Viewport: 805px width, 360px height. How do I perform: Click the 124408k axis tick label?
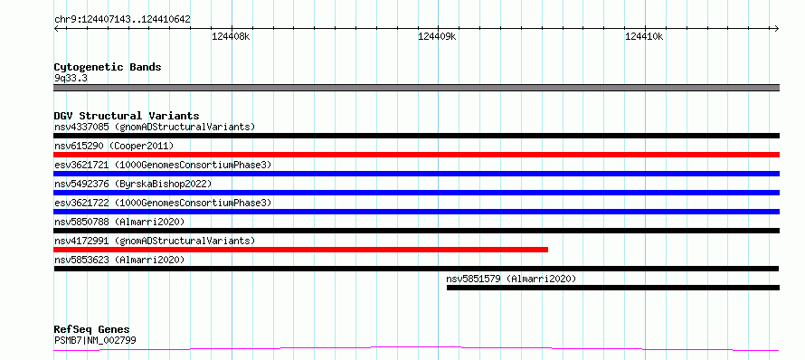tap(231, 36)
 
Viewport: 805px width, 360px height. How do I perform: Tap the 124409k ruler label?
tap(438, 36)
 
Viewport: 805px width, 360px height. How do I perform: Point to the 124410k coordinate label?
tap(644, 36)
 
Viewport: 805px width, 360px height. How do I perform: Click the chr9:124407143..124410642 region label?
tap(122, 20)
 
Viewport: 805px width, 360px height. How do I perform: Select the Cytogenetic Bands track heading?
tap(108, 67)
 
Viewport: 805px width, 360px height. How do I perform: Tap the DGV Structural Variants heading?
tap(127, 116)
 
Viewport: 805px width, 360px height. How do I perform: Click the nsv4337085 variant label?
tap(155, 127)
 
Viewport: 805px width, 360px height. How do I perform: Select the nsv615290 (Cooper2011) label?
tap(114, 146)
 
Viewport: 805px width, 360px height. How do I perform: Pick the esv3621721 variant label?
tap(163, 165)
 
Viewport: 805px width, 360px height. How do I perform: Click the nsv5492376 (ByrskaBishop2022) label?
tap(133, 184)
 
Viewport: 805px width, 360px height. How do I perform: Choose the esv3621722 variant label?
tap(163, 203)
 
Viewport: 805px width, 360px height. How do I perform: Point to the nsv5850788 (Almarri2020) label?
tap(119, 222)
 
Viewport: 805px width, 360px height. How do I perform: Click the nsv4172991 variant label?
tap(155, 241)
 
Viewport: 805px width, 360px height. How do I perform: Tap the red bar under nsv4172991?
tap(301, 250)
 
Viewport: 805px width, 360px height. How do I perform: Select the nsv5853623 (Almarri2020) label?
tap(119, 260)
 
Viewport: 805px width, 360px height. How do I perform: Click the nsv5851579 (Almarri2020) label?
tap(511, 279)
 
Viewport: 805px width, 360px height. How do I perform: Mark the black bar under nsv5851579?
tap(613, 288)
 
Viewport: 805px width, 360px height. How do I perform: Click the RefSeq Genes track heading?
tap(92, 330)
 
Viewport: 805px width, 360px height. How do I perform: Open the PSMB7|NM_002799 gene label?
tap(95, 340)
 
